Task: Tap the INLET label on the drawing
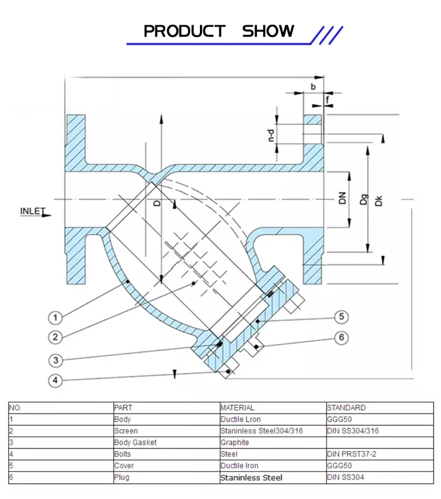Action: coord(32,211)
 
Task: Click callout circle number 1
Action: coord(55,318)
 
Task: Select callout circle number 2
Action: coord(55,337)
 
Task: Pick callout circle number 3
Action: coord(55,360)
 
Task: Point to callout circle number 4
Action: coord(55,380)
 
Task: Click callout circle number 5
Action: coord(342,317)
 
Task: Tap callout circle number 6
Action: coord(342,338)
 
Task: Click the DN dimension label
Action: coord(343,198)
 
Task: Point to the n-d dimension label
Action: coord(270,136)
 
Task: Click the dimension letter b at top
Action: coord(313,86)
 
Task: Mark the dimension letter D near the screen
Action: coord(157,203)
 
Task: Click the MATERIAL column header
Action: coord(238,407)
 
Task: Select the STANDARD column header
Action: coord(346,407)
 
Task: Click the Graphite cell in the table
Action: coord(235,443)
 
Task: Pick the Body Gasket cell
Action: coord(135,443)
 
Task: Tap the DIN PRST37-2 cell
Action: coord(352,454)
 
